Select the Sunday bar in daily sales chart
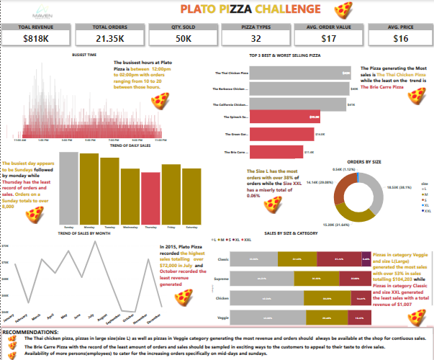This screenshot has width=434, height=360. pyautogui.click(x=68, y=186)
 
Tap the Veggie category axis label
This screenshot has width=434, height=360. pyautogui.click(x=222, y=316)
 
